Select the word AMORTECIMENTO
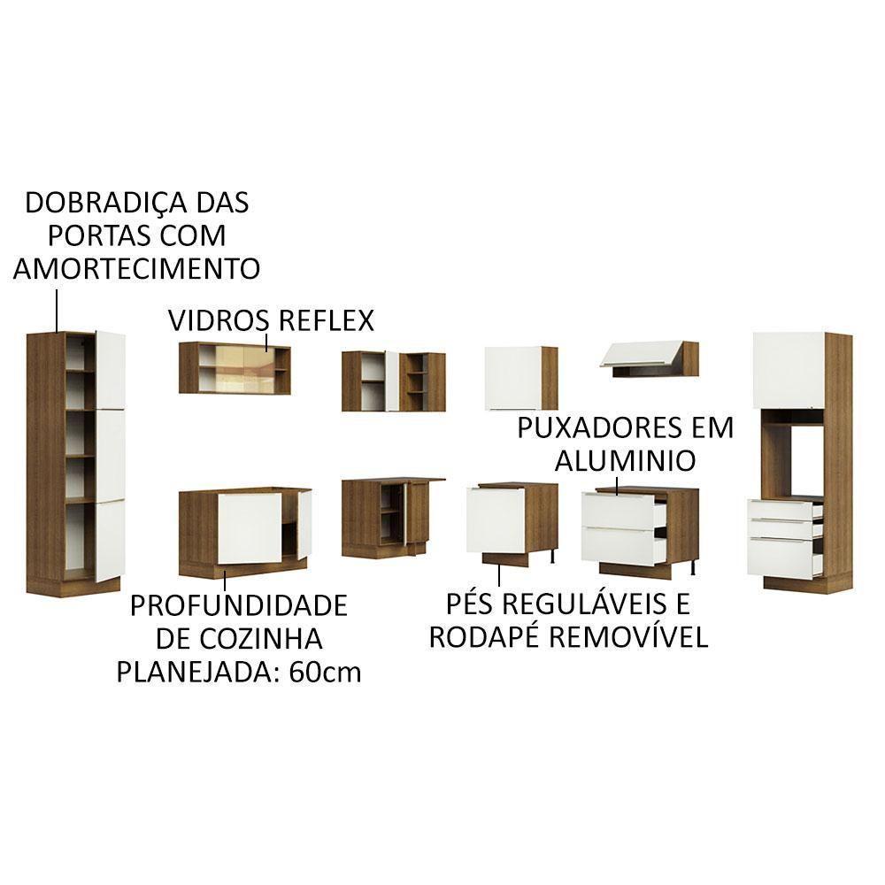[136, 268]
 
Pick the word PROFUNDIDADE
[238, 606]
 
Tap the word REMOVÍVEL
[630, 637]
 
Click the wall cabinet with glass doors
[235, 368]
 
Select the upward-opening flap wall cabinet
[649, 358]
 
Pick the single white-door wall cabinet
[520, 378]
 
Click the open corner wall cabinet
[393, 381]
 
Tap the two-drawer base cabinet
[639, 528]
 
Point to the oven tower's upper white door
[788, 370]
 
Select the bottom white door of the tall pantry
[109, 539]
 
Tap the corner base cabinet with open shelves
[389, 518]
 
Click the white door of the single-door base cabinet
[496, 520]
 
